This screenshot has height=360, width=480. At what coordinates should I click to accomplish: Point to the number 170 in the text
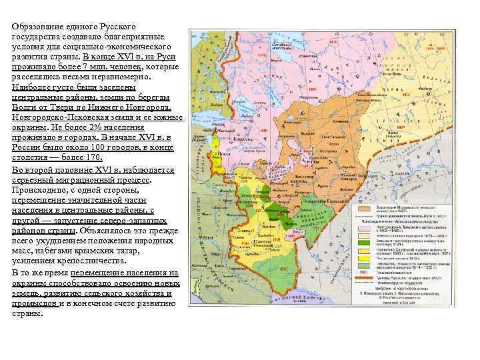[91, 157]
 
